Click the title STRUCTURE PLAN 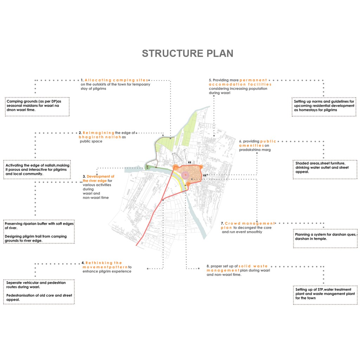pyautogui.click(x=187, y=53)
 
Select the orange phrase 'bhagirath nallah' pyautogui.click(x=100, y=137)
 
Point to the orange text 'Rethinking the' pyautogui.click(x=103, y=263)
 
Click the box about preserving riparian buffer pyautogui.click(x=39, y=232)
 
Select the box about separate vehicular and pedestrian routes pyautogui.click(x=39, y=291)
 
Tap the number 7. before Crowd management pyautogui.click(x=222, y=223)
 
